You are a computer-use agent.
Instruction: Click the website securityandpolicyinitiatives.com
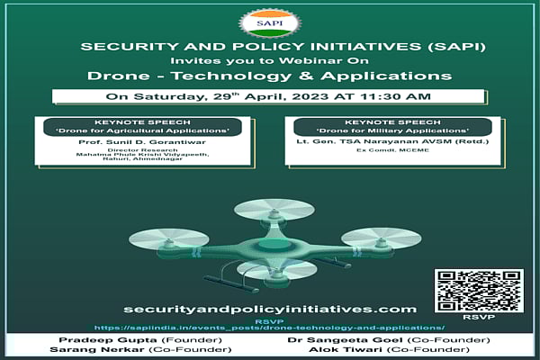[x=269, y=309]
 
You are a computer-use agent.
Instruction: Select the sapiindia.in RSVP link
[x=269, y=328]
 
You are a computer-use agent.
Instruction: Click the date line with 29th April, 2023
[x=269, y=96]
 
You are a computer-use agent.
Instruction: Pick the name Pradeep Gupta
[x=94, y=341]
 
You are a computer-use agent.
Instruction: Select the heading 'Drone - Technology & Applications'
[x=269, y=76]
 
